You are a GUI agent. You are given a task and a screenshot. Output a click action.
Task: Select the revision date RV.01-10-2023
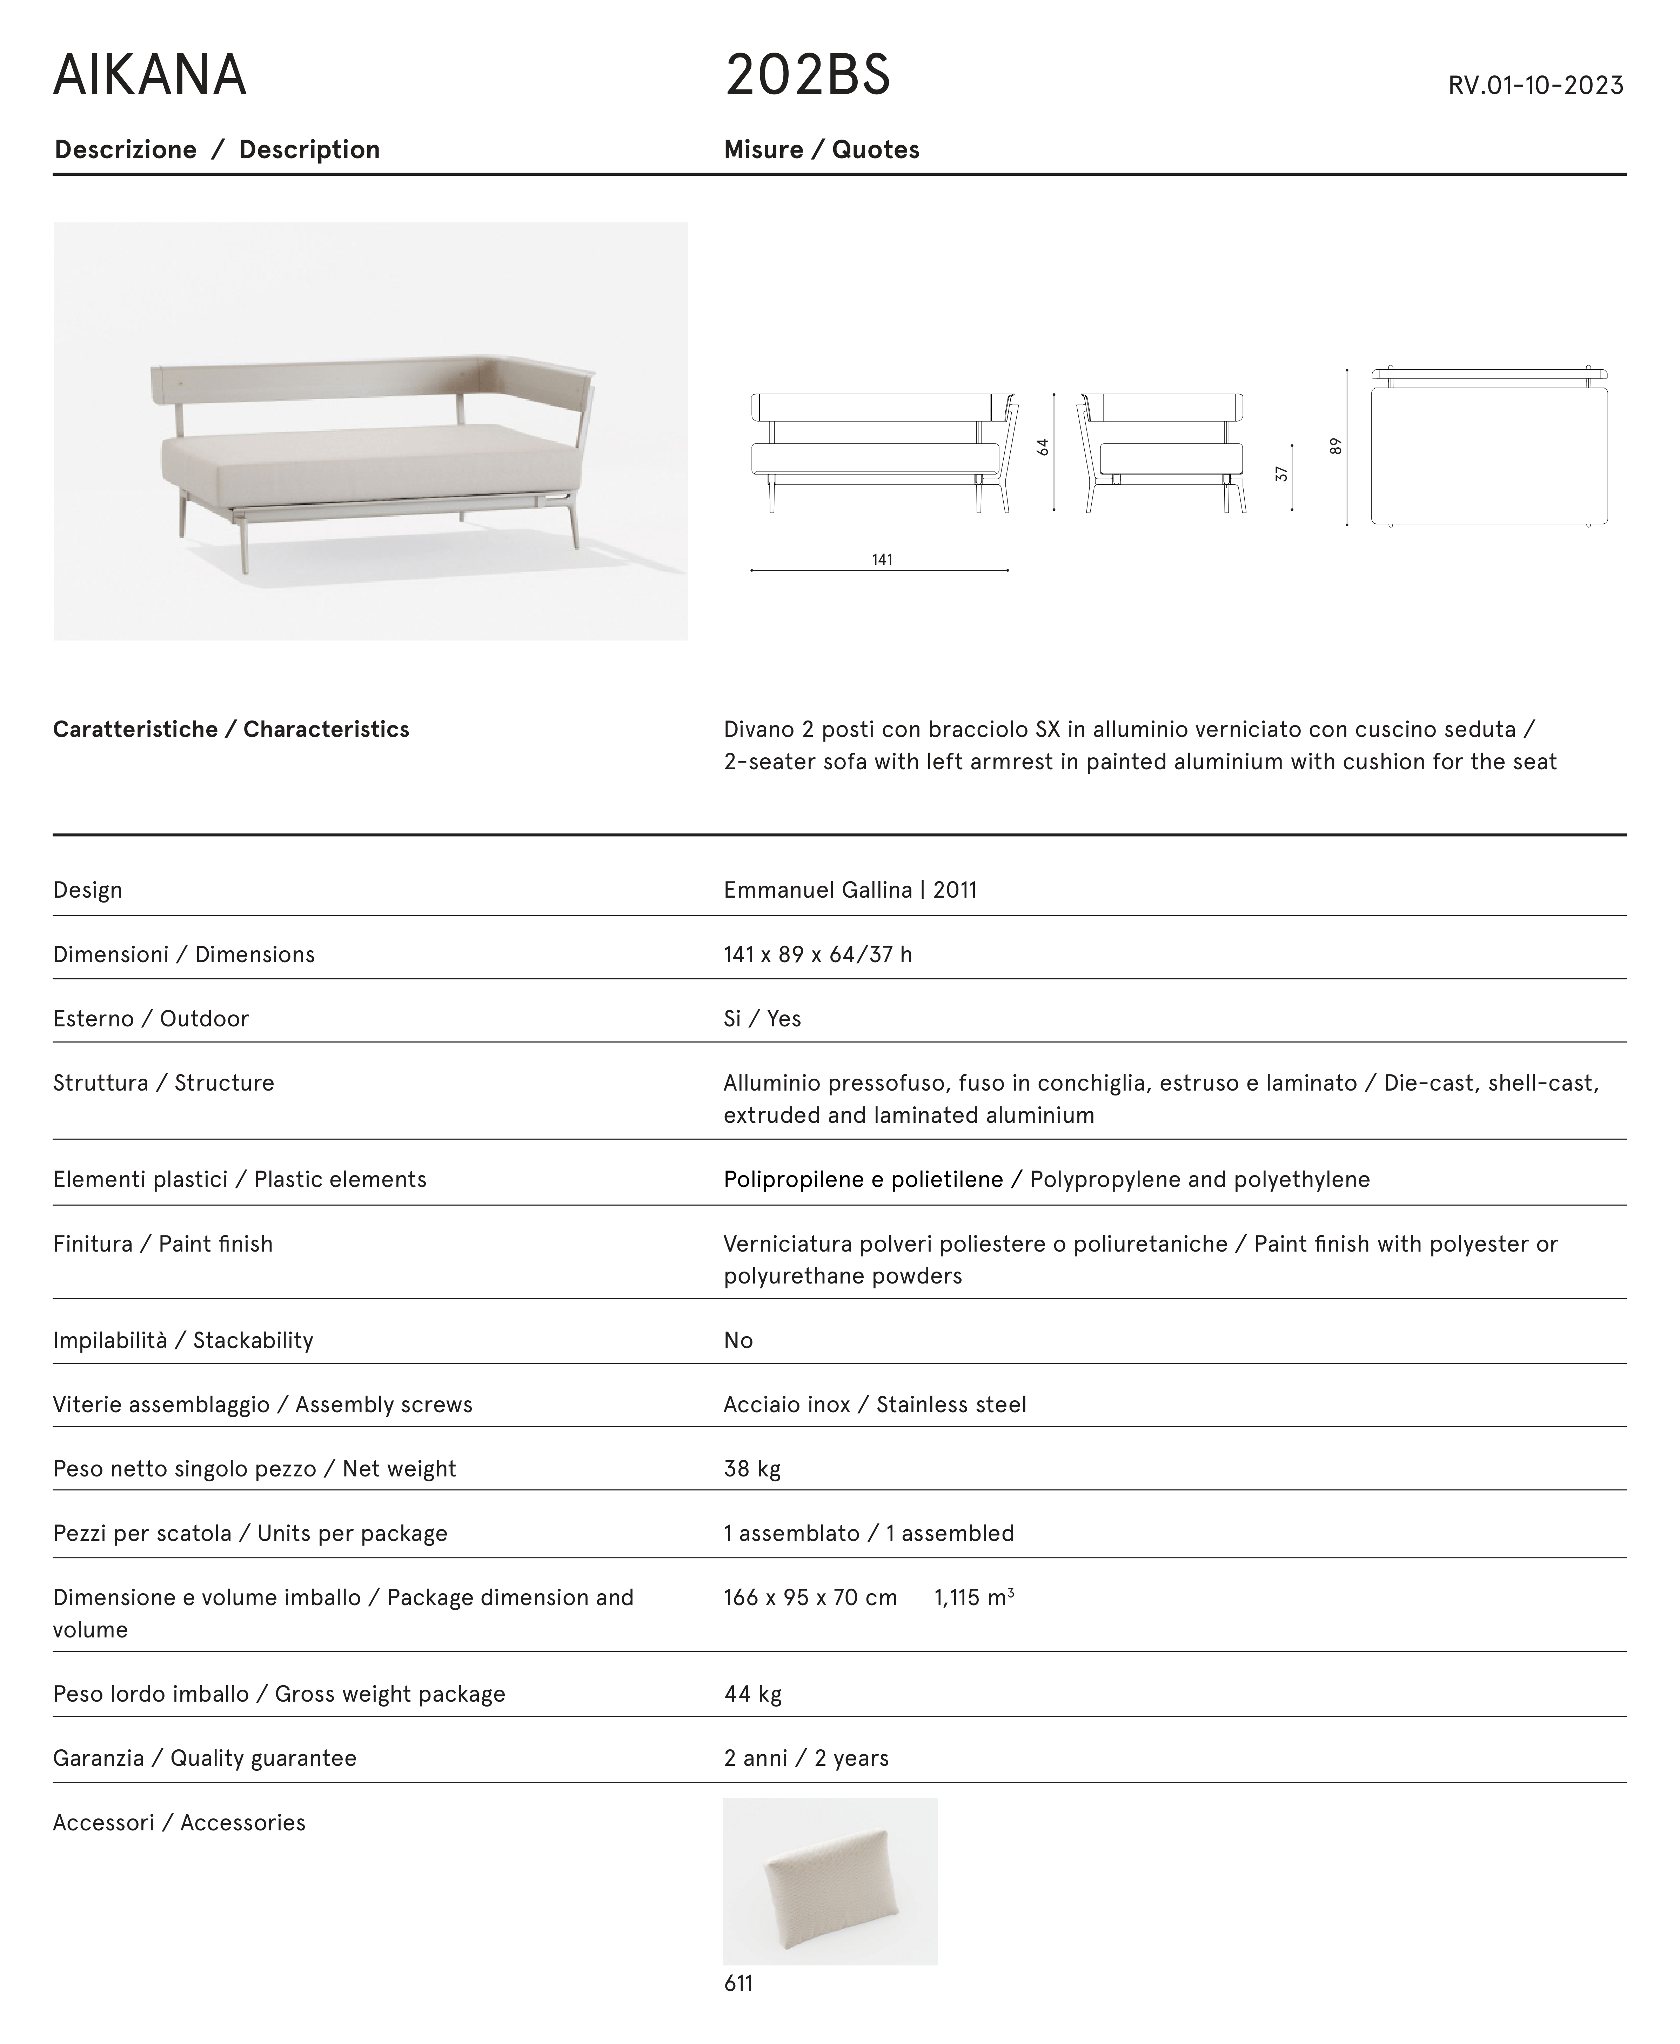point(1535,85)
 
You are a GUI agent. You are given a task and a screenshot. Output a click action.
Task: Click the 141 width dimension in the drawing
point(882,559)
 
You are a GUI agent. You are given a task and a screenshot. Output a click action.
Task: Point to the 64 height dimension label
point(1042,447)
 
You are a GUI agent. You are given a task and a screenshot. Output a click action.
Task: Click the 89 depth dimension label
point(1336,446)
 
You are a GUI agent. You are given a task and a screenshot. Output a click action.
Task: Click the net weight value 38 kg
point(752,1468)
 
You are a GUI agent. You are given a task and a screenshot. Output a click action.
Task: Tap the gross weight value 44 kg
point(752,1694)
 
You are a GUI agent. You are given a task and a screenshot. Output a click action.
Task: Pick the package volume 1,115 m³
point(972,1597)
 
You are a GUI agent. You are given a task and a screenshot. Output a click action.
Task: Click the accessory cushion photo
point(829,1881)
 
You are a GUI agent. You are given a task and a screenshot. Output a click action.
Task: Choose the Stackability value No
point(737,1340)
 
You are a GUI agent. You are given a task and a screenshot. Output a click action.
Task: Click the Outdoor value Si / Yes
point(762,1018)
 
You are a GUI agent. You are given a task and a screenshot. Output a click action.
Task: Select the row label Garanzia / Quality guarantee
point(204,1757)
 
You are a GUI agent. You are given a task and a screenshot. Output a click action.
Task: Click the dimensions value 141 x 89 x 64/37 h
point(817,954)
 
